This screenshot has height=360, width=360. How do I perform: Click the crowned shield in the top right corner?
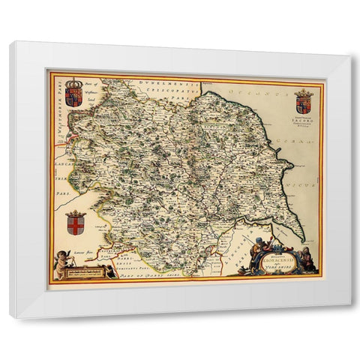(x=303, y=101)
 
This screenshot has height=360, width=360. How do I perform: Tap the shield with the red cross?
(x=75, y=223)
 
